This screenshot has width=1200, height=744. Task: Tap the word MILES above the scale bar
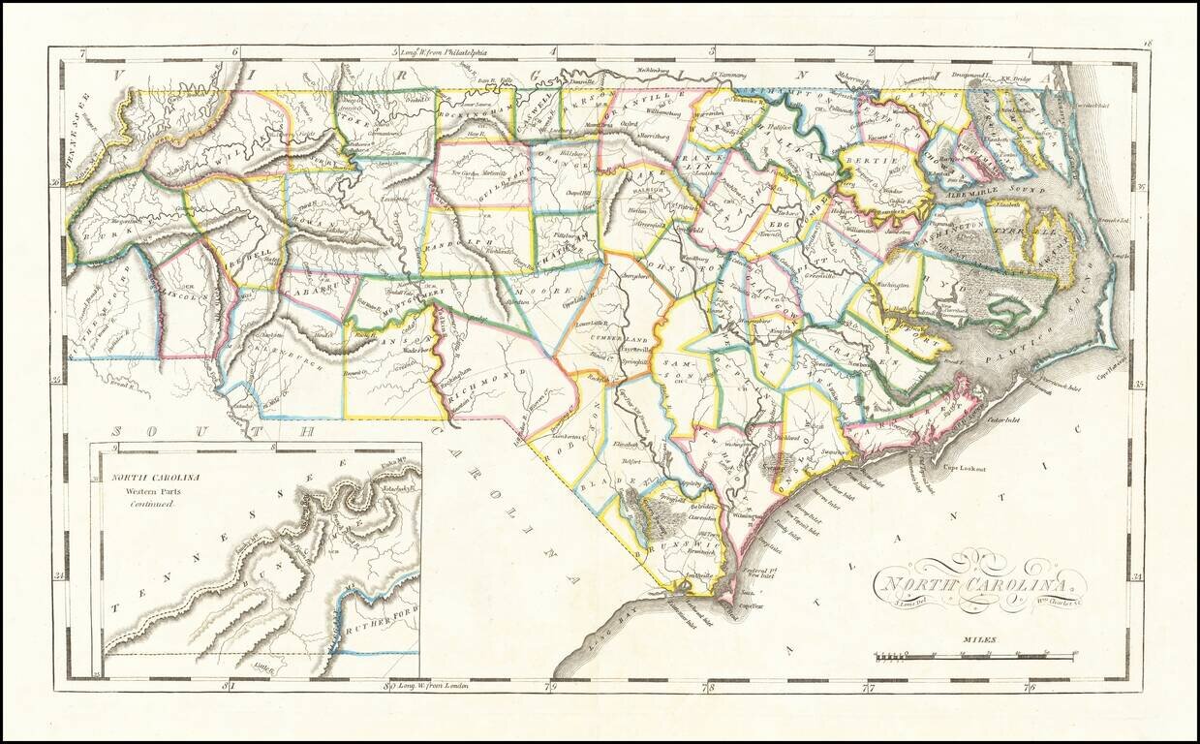[x=979, y=639]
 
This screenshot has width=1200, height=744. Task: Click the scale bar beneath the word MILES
[x=973, y=657]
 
